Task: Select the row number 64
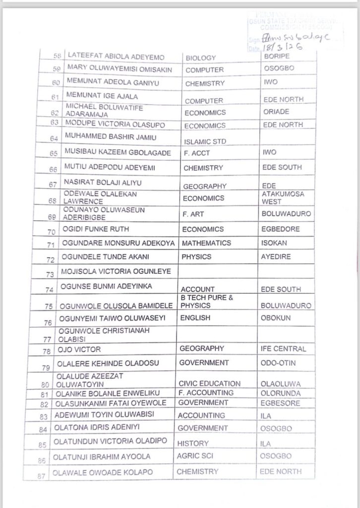pos(54,138)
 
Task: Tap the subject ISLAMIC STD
pos(205,141)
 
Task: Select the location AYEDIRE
pos(276,257)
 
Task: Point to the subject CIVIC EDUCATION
pos(209,383)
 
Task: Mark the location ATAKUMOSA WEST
pos(283,197)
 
